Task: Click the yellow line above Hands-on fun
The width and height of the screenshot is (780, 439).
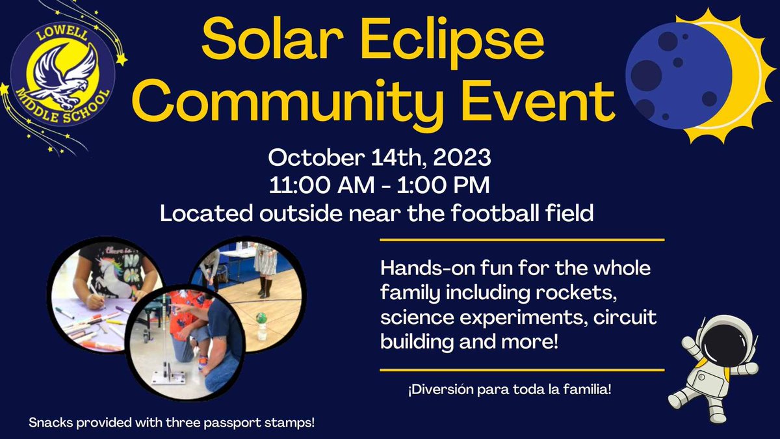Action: pos(521,240)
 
